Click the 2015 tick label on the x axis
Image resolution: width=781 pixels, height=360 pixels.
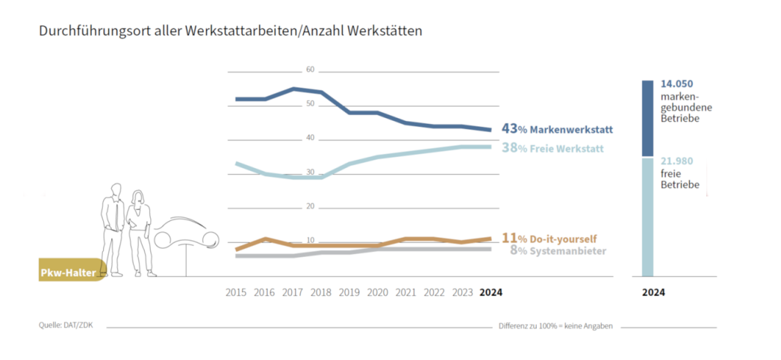tap(237, 293)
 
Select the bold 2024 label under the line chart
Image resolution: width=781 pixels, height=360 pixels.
tap(490, 293)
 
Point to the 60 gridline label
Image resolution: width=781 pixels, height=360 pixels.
tap(311, 70)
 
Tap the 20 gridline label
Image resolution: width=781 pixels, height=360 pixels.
tap(311, 207)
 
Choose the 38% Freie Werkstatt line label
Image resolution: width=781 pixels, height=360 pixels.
tap(553, 149)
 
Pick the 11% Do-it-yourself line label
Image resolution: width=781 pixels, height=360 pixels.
tap(549, 238)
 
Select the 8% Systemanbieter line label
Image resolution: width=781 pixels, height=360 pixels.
tap(558, 251)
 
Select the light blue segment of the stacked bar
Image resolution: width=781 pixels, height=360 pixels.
tap(647, 217)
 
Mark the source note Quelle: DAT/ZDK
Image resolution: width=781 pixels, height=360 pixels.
tap(61, 326)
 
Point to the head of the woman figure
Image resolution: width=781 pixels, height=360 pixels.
tap(138, 197)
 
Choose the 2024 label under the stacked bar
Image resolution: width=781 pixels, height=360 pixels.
tap(653, 293)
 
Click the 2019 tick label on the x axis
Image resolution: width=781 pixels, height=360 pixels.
tap(350, 293)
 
